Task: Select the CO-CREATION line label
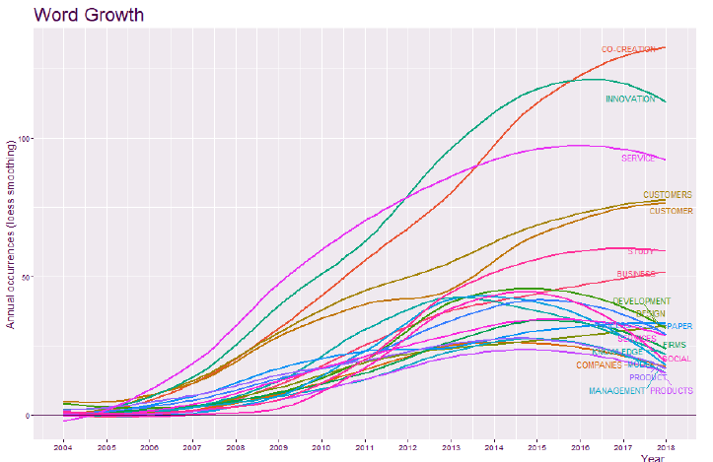tap(628, 48)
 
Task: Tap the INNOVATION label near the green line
tap(630, 99)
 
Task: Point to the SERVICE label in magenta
tap(638, 158)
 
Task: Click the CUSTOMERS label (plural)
tap(668, 195)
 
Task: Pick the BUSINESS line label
tap(636, 274)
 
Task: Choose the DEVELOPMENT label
tap(641, 301)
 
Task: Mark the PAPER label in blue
tap(677, 325)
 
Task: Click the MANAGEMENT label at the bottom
tap(616, 391)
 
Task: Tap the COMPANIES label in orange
tap(599, 365)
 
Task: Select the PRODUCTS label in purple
tap(672, 391)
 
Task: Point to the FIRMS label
tap(676, 345)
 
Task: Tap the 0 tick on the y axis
tap(28, 415)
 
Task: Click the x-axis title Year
tap(652, 458)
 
